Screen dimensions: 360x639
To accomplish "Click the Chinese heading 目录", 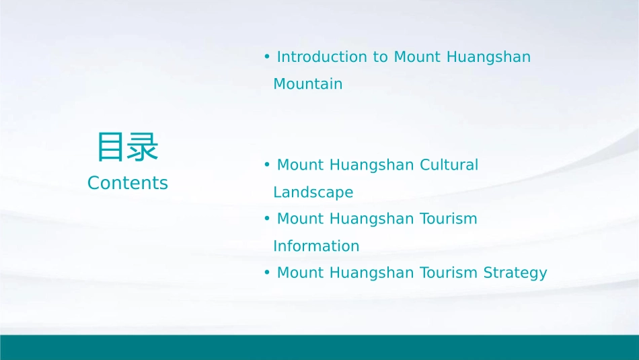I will tap(127, 147).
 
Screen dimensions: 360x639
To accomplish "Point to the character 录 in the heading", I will tap(143, 147).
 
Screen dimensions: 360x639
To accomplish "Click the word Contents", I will tap(127, 183).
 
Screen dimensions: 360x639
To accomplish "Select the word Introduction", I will tap(323, 57).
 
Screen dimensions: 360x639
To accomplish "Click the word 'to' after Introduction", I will tap(381, 57).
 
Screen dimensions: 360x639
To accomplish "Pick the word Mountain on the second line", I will tap(307, 84).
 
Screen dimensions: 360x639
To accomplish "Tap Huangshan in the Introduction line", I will tap(489, 57).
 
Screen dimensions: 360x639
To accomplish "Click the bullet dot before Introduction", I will tap(267, 57).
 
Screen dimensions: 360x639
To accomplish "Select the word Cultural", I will tap(449, 165).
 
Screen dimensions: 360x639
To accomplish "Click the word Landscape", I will tap(313, 192).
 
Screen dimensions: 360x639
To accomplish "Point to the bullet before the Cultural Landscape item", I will tap(267, 165).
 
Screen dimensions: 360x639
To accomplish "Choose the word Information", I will tap(316, 246).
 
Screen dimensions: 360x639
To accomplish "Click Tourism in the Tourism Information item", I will tap(449, 219).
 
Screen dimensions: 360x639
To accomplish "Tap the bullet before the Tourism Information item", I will tap(267, 219).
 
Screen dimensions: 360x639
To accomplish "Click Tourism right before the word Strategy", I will tap(449, 273).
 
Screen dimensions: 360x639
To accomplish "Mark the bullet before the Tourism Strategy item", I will tap(267, 273).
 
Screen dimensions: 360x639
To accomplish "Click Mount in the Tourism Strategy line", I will tap(301, 273).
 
